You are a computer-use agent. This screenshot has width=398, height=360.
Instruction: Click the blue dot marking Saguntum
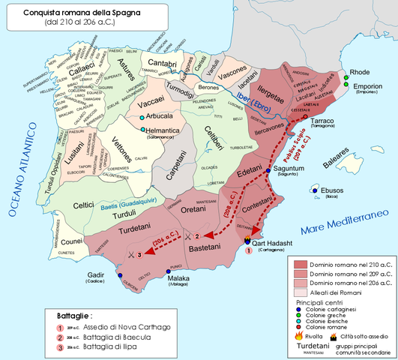[x=269, y=172]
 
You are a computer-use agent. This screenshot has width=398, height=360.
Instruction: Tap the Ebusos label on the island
[x=331, y=190]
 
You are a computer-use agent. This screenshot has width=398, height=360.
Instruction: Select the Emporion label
[x=369, y=86]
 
